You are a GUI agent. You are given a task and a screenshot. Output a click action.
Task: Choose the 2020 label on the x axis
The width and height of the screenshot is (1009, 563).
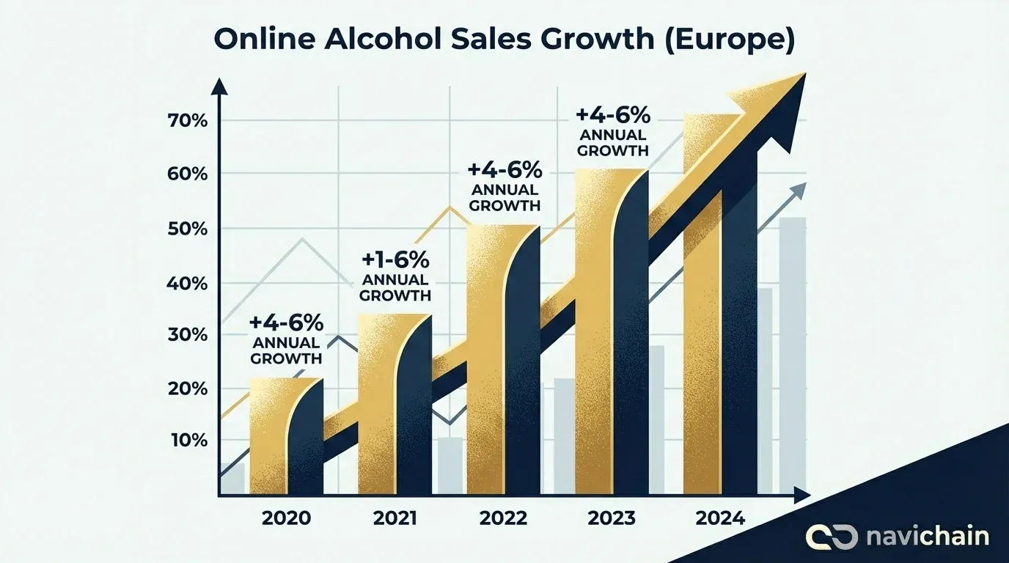pos(286,518)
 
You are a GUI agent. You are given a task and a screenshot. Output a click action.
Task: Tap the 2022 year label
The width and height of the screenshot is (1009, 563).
pos(503,518)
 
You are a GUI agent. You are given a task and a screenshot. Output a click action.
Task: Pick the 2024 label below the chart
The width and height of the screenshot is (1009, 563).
pos(720,518)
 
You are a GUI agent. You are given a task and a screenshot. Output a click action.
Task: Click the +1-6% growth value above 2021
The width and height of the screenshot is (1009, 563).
pos(395,260)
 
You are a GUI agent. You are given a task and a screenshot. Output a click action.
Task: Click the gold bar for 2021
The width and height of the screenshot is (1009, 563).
pos(375,403)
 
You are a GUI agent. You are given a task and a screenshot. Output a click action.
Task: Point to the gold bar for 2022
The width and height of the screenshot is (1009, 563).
pos(484,359)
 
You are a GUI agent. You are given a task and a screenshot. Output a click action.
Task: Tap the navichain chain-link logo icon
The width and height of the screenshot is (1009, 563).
pos(832,536)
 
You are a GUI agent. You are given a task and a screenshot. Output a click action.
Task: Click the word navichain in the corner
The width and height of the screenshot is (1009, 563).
pos(927,536)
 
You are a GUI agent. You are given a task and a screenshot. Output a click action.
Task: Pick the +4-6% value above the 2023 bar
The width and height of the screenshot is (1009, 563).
pos(613,115)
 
